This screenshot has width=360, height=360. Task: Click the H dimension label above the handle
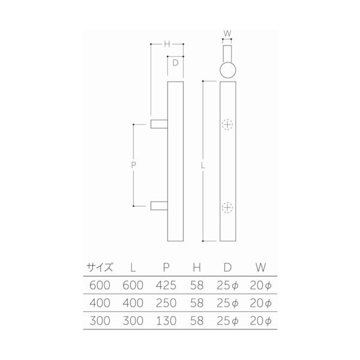(x=167, y=44)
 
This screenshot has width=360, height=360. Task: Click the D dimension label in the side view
(x=175, y=62)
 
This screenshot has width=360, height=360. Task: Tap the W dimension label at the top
(x=227, y=33)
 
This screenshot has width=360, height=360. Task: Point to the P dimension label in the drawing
(x=133, y=165)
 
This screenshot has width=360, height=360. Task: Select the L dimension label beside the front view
(x=203, y=166)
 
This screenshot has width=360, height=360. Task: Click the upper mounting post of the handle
(x=159, y=124)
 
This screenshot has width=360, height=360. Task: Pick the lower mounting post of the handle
(x=159, y=206)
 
